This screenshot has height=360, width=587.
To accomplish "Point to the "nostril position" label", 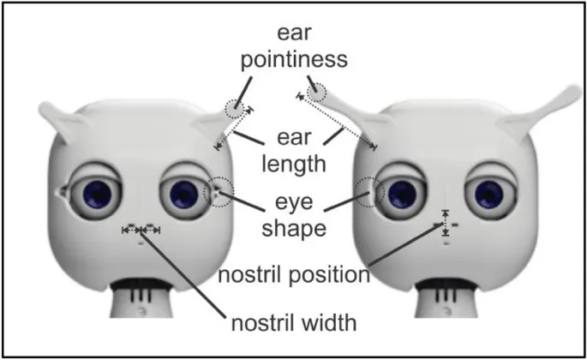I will click(293, 276).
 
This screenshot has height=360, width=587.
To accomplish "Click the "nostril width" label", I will click(293, 324).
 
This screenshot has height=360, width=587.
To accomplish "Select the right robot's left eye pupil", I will click(399, 193).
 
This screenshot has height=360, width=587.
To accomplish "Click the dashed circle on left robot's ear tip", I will click(234, 109).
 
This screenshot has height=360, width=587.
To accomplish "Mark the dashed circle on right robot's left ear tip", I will click(318, 91).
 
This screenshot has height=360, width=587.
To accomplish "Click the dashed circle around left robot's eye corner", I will click(220, 191).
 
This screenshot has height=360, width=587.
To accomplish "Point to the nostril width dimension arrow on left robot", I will click(141, 230).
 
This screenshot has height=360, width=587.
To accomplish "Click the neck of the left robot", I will click(142, 297).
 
